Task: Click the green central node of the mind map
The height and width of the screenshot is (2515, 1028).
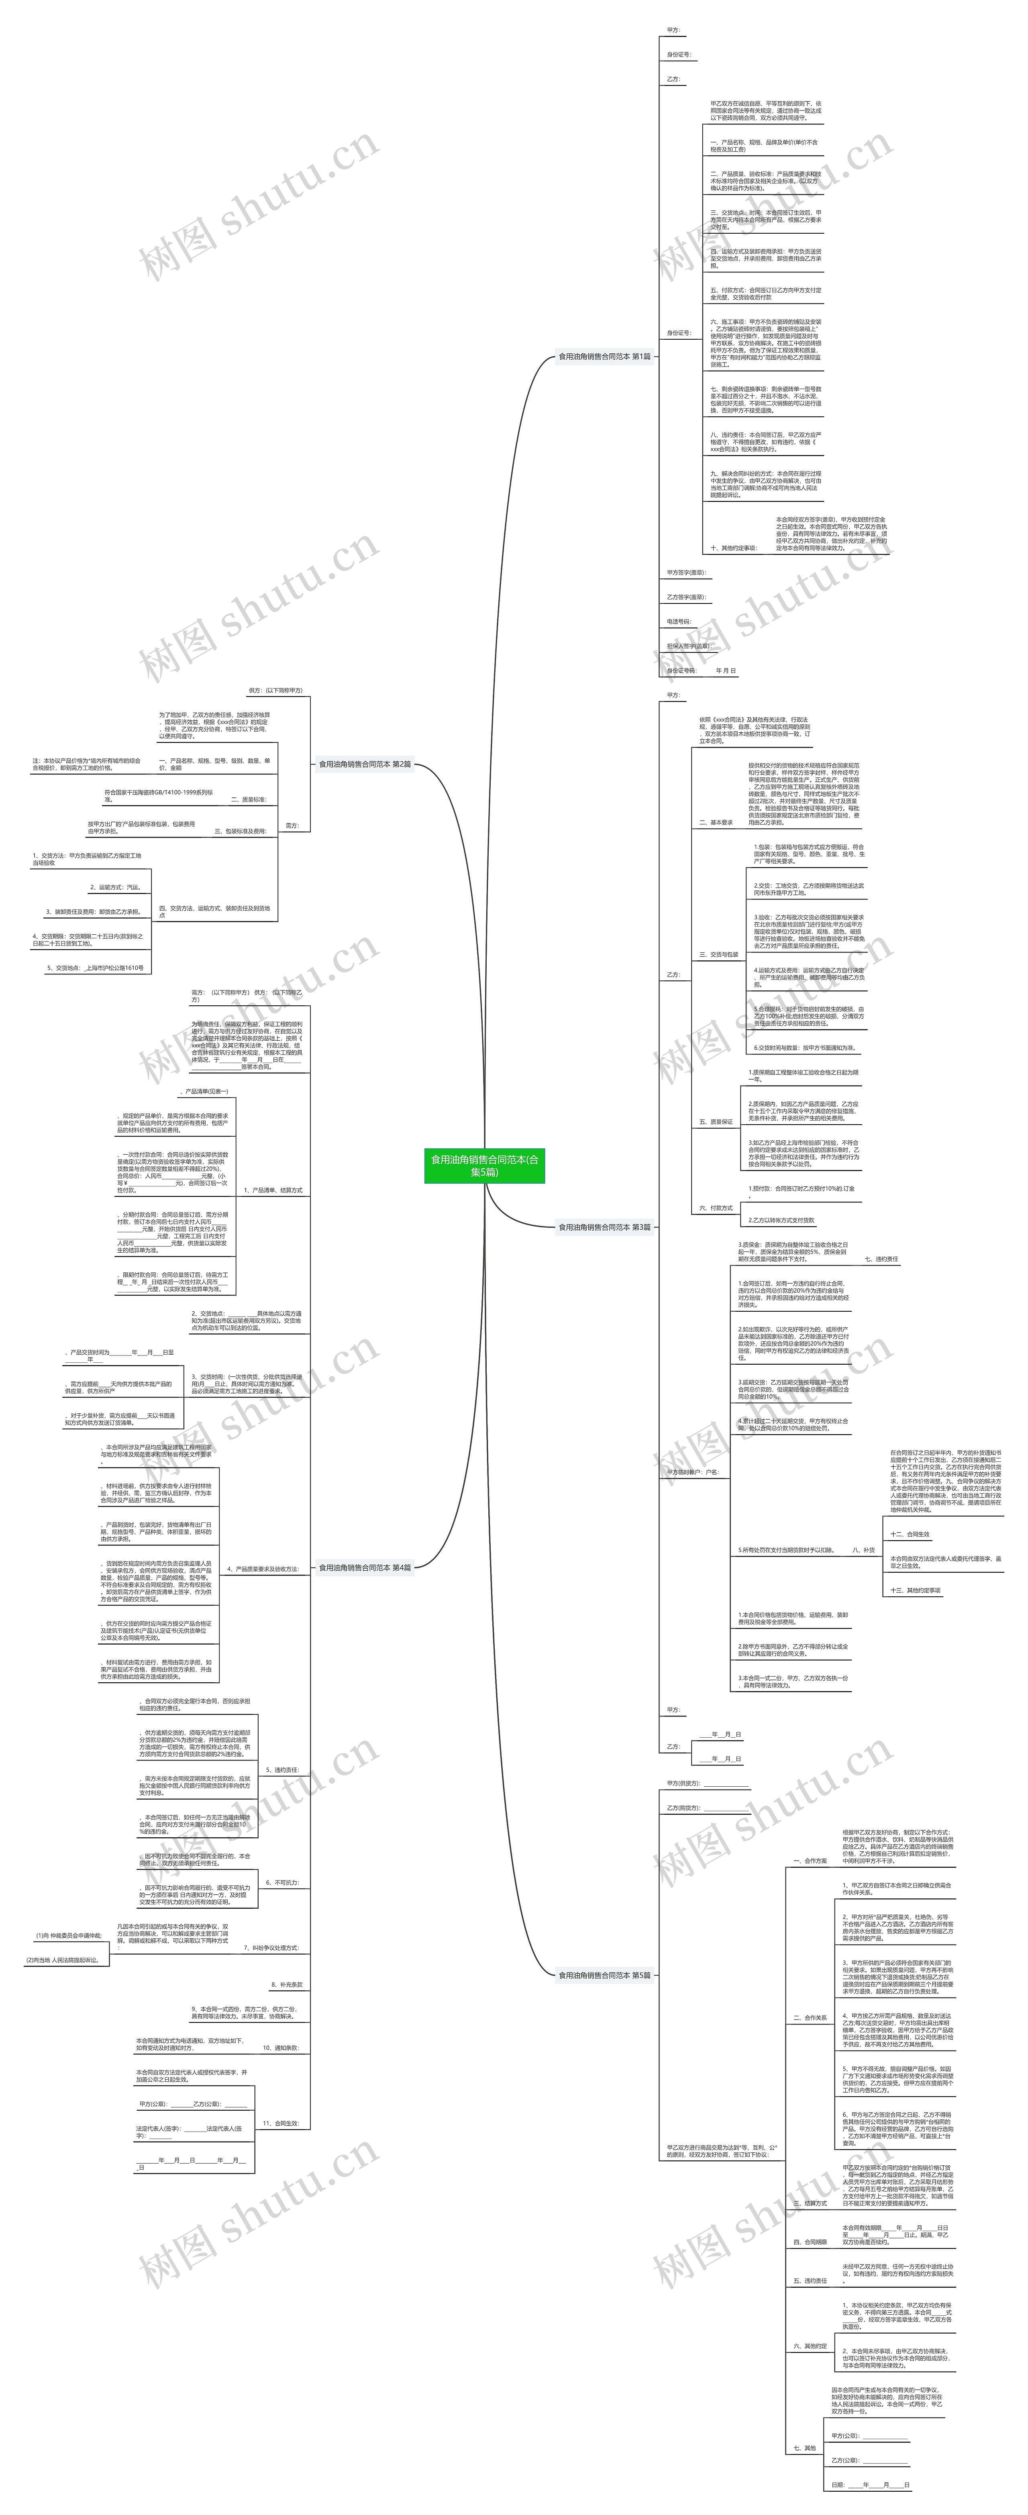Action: [x=484, y=1166]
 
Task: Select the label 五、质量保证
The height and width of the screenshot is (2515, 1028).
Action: [x=716, y=1122]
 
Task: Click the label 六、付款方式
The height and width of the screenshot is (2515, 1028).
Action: [x=716, y=1208]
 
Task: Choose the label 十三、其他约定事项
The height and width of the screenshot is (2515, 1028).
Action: [x=916, y=1590]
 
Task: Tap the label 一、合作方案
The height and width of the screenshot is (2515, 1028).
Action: [x=809, y=1861]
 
